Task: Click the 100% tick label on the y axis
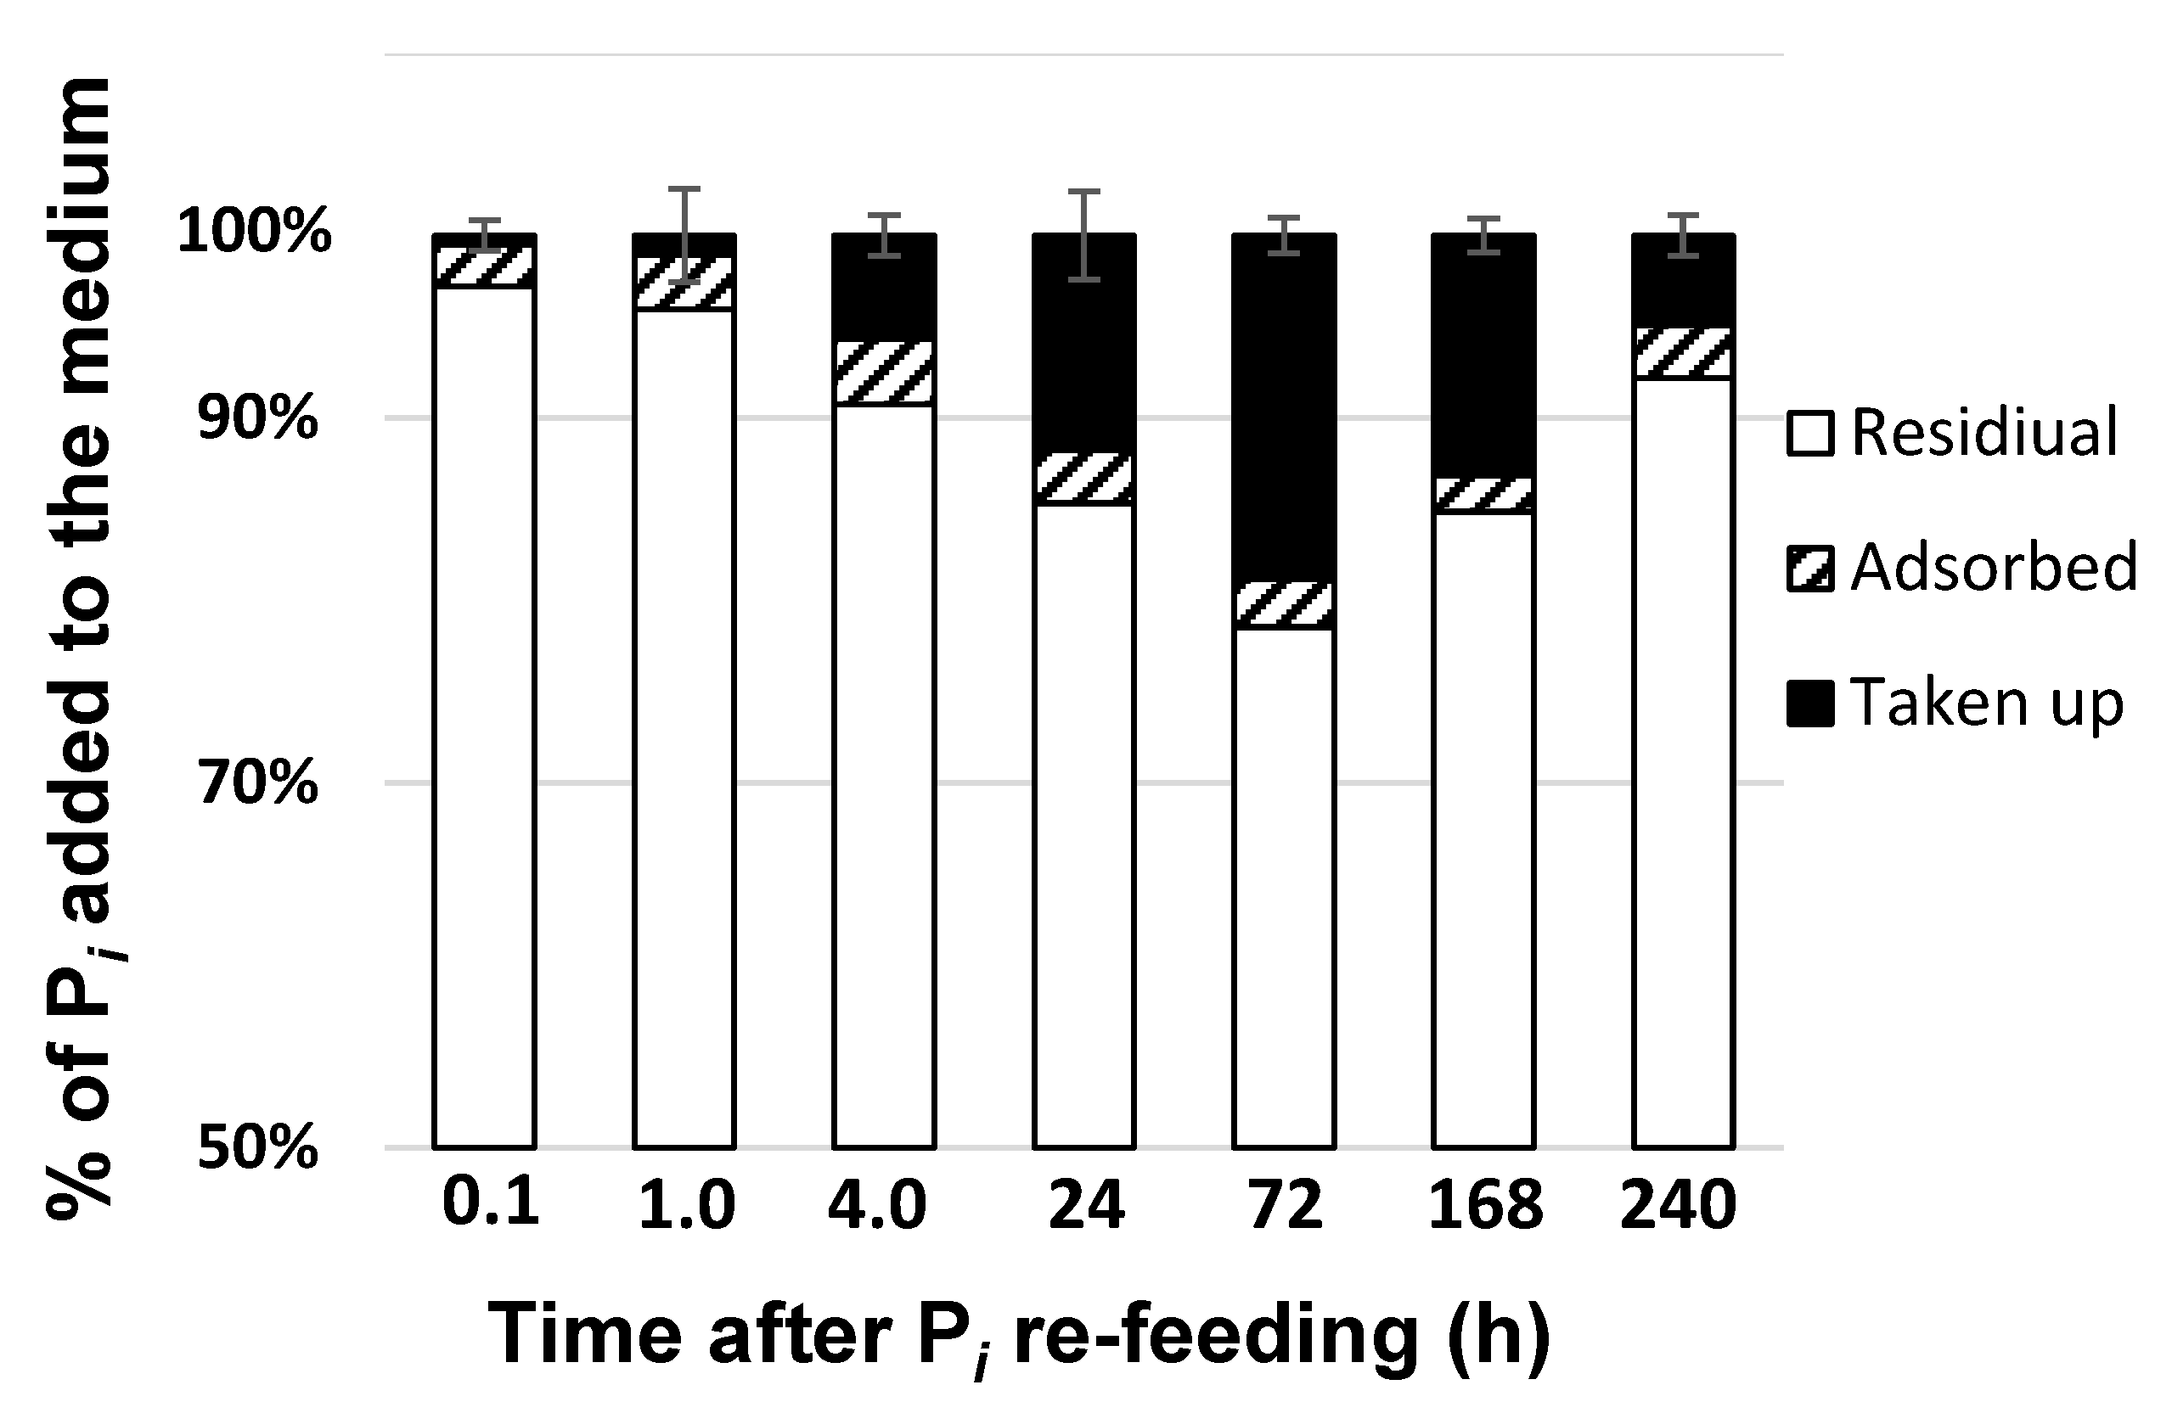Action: point(254,231)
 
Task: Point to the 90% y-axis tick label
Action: point(258,418)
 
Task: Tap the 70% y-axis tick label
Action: point(258,782)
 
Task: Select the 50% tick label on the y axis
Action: point(258,1147)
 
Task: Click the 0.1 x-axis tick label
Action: point(491,1203)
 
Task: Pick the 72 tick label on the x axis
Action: point(1284,1204)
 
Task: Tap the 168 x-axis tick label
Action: point(1485,1204)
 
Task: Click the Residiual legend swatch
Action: point(1809,434)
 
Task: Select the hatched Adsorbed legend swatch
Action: point(1809,569)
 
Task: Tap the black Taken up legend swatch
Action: point(1809,704)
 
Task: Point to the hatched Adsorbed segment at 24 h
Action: point(1084,478)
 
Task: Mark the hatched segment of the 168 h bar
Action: point(1484,495)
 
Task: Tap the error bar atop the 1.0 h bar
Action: point(684,234)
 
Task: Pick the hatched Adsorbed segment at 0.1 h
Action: point(484,266)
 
